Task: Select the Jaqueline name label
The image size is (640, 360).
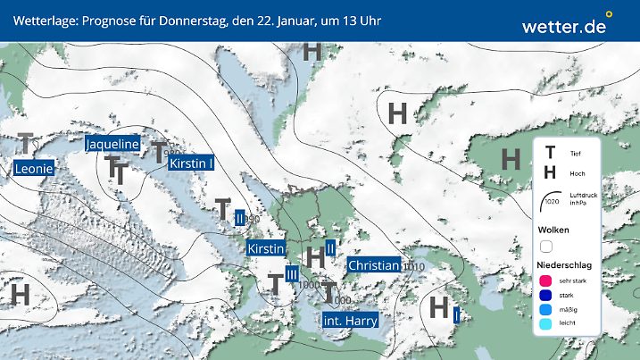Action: pos(112,144)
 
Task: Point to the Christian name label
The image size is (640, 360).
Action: pos(373,265)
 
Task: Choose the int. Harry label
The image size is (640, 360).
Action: pos(350,321)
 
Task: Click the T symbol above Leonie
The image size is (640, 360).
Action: pos(27,143)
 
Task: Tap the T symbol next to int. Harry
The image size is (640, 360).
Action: pos(329,291)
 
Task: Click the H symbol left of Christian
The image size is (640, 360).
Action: pos(315,256)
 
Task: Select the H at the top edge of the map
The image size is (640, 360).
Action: pos(312,51)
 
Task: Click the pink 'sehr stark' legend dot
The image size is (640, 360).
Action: pos(546,280)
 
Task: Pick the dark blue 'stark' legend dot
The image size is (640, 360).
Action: pos(546,296)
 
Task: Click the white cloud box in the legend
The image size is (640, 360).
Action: pos(546,247)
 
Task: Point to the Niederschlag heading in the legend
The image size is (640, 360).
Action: pos(564,265)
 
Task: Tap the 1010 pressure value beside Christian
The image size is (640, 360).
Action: pos(413,267)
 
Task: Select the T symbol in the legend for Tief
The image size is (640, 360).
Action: pos(550,154)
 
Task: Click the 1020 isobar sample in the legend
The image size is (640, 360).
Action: pos(552,199)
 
